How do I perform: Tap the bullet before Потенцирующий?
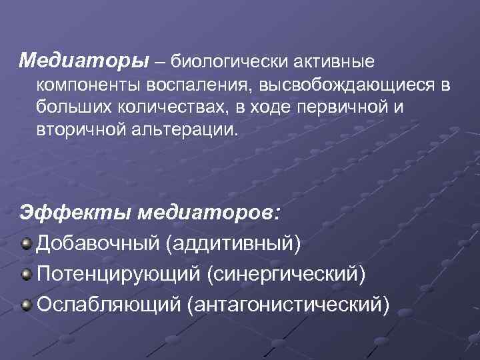(26, 273)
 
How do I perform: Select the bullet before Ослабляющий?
(26, 305)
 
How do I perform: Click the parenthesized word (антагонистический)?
(288, 305)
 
